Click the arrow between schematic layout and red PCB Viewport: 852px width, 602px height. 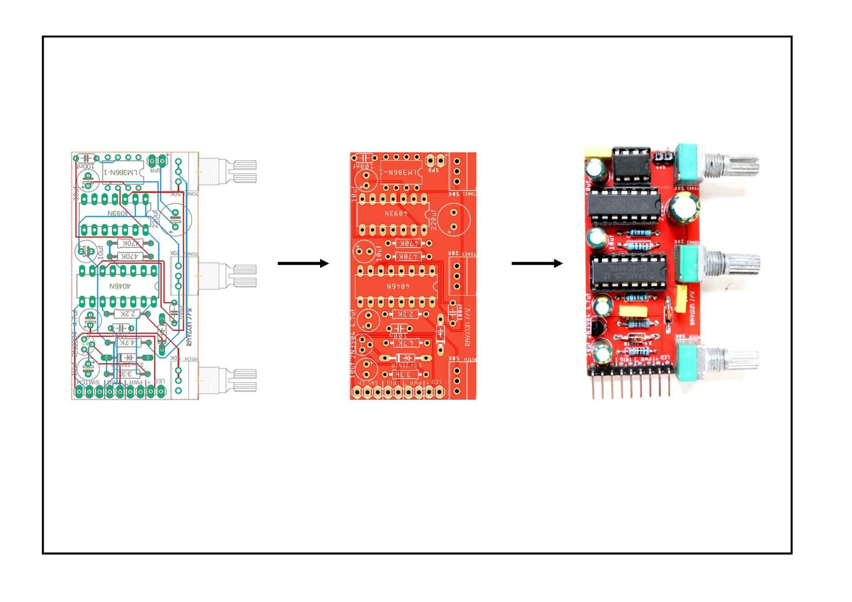click(x=303, y=264)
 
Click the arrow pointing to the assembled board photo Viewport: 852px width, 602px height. click(x=537, y=264)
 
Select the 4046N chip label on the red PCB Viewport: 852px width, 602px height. click(x=397, y=286)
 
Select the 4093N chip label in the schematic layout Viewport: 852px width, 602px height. click(x=118, y=213)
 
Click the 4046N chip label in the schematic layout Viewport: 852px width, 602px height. click(x=119, y=286)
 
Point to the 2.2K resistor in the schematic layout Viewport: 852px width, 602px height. click(x=126, y=314)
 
